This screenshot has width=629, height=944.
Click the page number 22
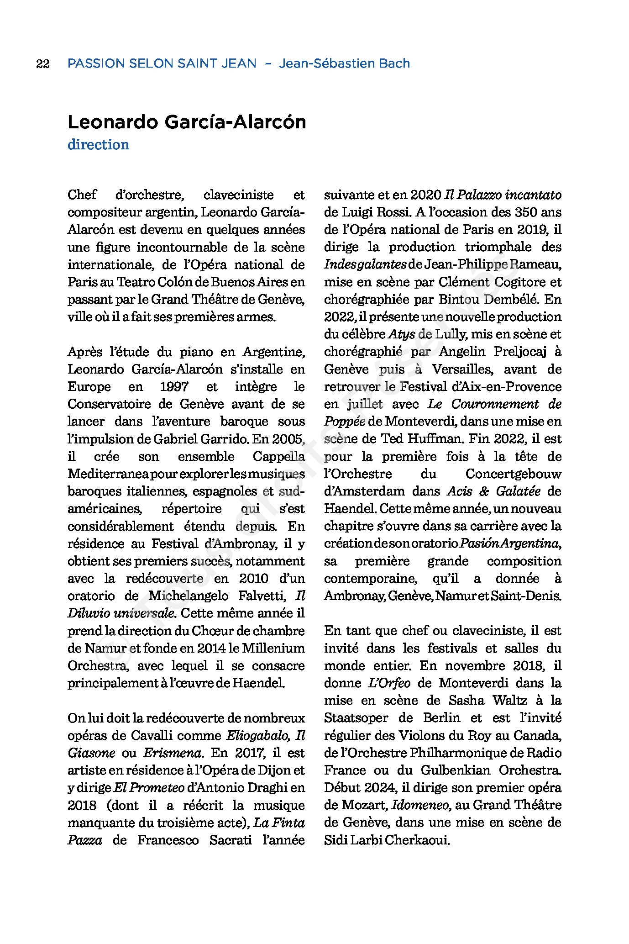[x=42, y=63]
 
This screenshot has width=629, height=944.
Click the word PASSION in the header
[x=96, y=63]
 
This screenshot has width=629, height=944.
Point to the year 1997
[x=174, y=387]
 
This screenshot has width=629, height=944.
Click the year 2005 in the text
[x=288, y=439]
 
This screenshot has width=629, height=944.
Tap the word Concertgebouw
[x=513, y=474]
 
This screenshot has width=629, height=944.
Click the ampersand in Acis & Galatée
[x=484, y=491]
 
